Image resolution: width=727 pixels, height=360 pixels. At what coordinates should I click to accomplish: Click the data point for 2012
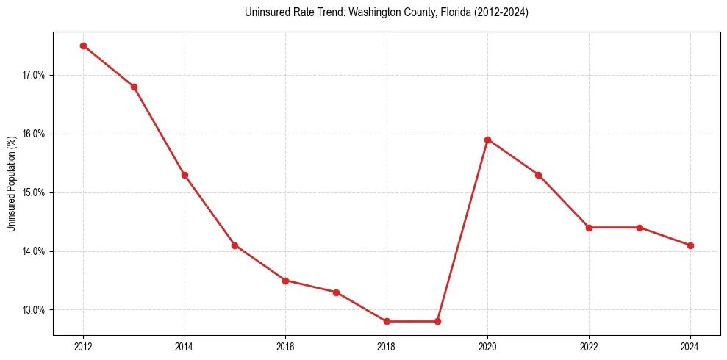83,46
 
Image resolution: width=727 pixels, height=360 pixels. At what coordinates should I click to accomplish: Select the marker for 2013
134,87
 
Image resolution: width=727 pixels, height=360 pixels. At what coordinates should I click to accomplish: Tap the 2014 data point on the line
185,175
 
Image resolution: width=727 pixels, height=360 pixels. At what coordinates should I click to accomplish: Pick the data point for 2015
234,245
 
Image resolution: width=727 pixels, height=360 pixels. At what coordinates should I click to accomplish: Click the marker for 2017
336,292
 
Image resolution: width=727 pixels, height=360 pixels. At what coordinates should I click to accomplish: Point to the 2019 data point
437,321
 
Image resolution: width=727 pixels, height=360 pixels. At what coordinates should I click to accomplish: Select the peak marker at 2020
488,140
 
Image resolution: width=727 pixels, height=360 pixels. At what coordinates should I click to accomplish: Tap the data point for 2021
538,175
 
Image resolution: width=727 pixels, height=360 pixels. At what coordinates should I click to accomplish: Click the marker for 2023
640,228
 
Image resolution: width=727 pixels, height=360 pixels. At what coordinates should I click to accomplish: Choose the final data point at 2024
690,245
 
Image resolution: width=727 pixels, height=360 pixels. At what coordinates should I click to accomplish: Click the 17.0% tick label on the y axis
34,75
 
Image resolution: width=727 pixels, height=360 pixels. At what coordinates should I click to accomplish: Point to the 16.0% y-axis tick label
34,134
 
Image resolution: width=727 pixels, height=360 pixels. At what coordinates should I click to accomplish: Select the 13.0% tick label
34,310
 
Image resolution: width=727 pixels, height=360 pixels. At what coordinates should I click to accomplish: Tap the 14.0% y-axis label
34,251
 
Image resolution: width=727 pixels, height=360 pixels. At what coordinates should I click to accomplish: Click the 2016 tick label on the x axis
285,347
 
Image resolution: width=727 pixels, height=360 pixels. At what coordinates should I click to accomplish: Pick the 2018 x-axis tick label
387,347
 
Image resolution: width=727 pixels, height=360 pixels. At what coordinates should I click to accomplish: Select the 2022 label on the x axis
589,347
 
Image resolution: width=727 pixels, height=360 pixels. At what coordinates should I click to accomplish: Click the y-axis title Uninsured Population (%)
12,184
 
